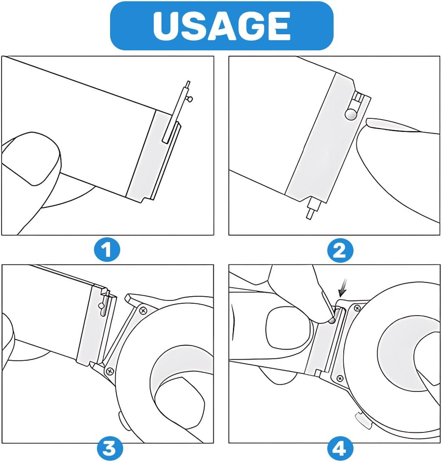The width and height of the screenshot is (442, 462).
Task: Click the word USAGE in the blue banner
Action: coord(222,26)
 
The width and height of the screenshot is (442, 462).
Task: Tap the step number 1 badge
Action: coord(107,250)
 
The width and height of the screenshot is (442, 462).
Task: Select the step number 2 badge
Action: coord(340,250)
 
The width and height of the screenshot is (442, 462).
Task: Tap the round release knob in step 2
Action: coord(351,114)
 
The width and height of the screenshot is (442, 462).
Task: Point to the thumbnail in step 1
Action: coord(30,159)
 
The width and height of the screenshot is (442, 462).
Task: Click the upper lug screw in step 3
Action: coord(143,311)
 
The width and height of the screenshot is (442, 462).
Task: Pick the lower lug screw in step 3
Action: coord(110,371)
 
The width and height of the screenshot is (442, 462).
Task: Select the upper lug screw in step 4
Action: coord(357,308)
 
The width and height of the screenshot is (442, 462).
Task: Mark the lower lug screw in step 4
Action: coord(340,378)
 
